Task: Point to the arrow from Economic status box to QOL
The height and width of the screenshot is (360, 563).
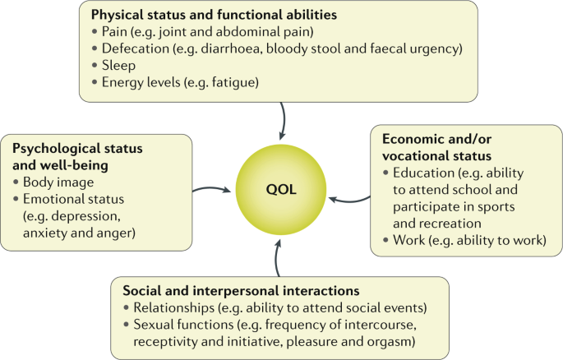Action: (354, 198)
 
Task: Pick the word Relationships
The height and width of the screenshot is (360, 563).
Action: (171, 307)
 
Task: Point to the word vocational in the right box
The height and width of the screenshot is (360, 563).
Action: (417, 155)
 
